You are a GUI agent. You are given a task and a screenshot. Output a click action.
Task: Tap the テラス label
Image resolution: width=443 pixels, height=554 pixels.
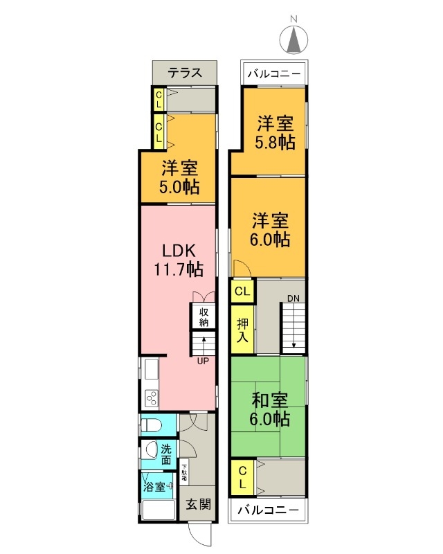(185, 73)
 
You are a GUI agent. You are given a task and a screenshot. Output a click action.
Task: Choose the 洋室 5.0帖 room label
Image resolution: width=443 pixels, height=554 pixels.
(181, 177)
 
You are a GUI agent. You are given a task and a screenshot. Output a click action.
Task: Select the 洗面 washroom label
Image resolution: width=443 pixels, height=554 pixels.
(166, 454)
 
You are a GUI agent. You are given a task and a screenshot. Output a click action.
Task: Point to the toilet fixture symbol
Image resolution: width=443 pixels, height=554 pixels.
(151, 423)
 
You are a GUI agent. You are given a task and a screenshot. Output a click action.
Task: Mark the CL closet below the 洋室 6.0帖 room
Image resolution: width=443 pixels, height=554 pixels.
(242, 291)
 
